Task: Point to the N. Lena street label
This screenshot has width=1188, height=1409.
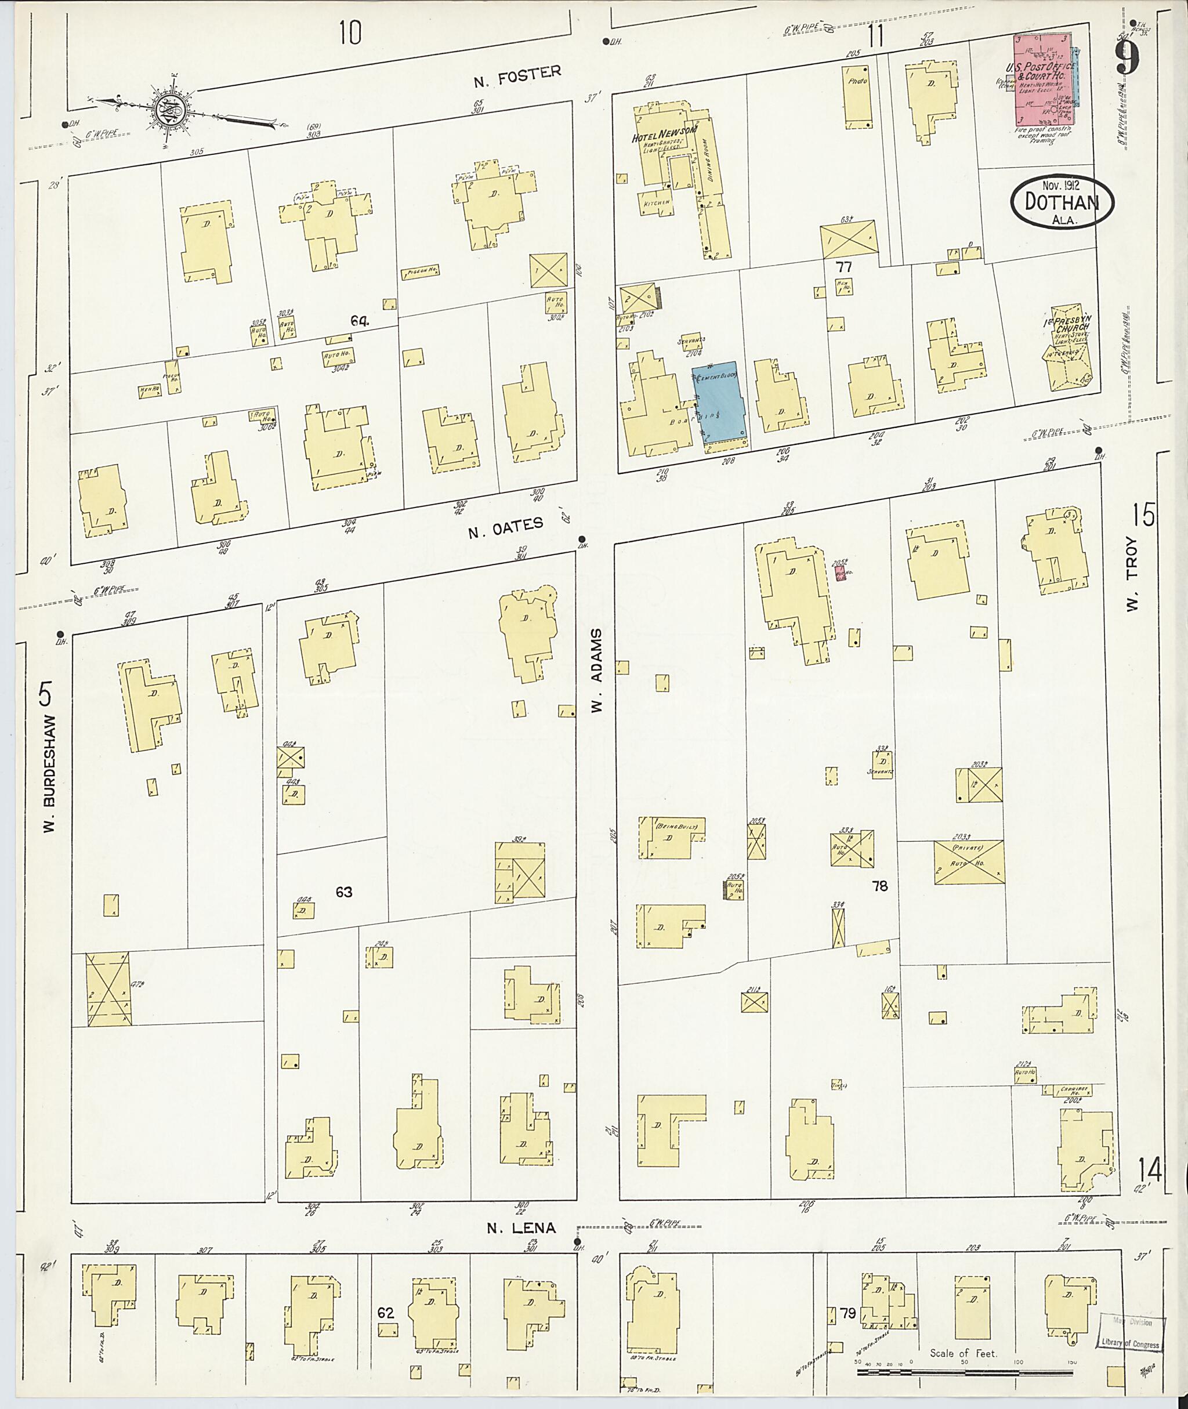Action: (x=522, y=1227)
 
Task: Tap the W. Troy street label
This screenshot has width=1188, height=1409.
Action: (x=1132, y=584)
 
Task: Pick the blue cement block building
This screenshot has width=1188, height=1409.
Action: (x=718, y=400)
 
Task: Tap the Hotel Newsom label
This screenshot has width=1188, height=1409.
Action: (x=664, y=135)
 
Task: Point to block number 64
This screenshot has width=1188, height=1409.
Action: (x=359, y=321)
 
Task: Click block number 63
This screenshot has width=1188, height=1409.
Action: (x=343, y=892)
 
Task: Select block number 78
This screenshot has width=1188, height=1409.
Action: (x=879, y=886)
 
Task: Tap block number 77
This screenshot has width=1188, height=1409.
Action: (x=843, y=267)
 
